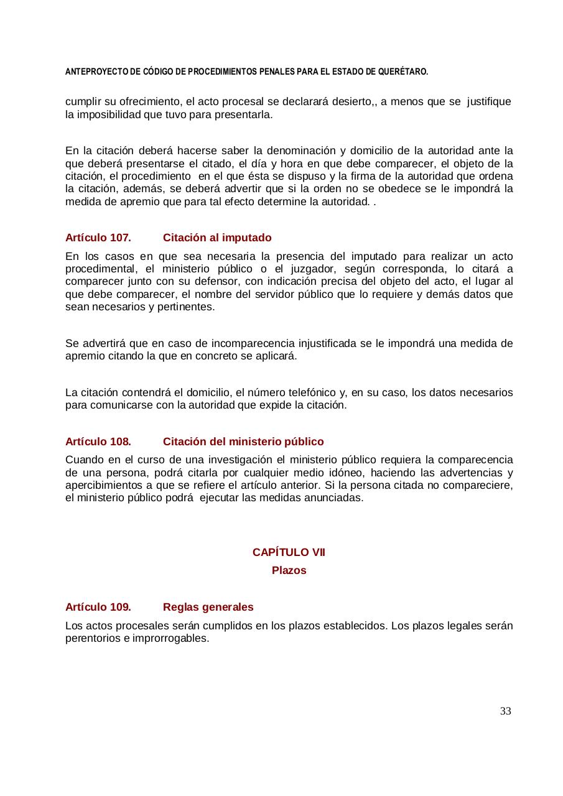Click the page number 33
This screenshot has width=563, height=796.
pos(505,711)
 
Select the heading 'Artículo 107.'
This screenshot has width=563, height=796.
pos(98,238)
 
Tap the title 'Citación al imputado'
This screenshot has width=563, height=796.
pos(217,238)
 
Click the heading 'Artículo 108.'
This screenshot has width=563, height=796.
pos(98,442)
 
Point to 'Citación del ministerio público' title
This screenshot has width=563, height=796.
pos(243,442)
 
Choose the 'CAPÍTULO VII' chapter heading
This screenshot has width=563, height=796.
pos(289,552)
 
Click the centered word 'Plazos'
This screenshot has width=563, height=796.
pos(289,570)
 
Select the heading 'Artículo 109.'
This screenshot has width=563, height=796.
pos(98,606)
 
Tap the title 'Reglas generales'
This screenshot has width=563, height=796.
pos(208,606)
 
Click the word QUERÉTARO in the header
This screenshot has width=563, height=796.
pos(404,72)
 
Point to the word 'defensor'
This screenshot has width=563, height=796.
pos(220,281)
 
